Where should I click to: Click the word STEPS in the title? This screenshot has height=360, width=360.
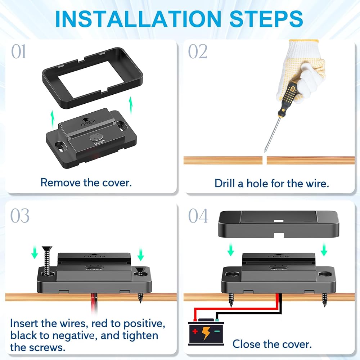tap(266, 19)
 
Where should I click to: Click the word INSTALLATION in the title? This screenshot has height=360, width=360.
tap(138, 19)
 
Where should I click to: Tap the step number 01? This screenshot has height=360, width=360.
tap(19, 51)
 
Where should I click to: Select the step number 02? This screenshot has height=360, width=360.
tap(197, 51)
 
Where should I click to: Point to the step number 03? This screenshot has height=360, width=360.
tap(20, 216)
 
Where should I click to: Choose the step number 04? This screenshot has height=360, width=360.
tap(198, 216)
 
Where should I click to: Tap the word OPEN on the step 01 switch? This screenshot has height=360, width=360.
tap(89, 123)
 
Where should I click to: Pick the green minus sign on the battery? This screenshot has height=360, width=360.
tap(217, 331)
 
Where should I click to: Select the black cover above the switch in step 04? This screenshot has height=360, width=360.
tap(278, 224)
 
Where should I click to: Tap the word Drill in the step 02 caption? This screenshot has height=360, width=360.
tap(225, 184)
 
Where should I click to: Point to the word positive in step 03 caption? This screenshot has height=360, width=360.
tap(144, 324)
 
